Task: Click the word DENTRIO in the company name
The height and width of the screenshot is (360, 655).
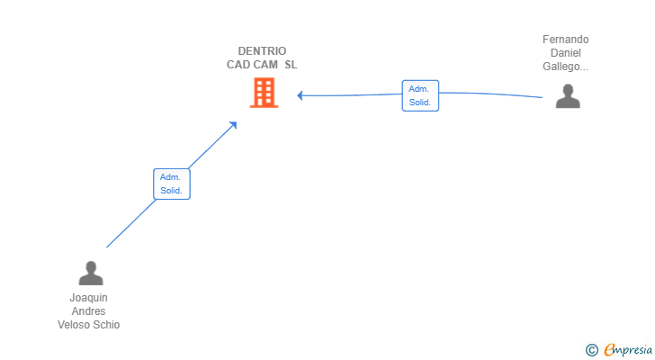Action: pos(262,51)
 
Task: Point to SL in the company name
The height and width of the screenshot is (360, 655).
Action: pos(291,65)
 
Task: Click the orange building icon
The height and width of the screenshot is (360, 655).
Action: pos(264,93)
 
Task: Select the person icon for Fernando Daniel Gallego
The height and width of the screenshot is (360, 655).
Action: pos(568,96)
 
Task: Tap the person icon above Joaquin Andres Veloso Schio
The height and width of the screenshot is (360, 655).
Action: pos(90,273)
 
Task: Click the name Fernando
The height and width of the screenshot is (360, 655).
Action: pos(566,40)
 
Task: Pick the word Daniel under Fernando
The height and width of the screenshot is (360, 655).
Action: pos(566,53)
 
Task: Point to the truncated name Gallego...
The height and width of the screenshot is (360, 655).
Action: pos(566,67)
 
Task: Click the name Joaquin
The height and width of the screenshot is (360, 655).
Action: pos(88,298)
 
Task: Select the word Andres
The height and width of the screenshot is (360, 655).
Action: pos(88,311)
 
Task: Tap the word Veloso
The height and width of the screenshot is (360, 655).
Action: pos(74,325)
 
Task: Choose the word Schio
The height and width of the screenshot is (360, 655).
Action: pos(105,325)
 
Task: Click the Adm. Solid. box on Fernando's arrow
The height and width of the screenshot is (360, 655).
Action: pos(420,95)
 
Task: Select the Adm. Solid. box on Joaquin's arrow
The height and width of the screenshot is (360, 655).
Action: pos(171,184)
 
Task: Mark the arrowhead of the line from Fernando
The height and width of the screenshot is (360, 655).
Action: pos(301,95)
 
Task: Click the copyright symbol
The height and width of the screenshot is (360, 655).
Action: pos(591,350)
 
